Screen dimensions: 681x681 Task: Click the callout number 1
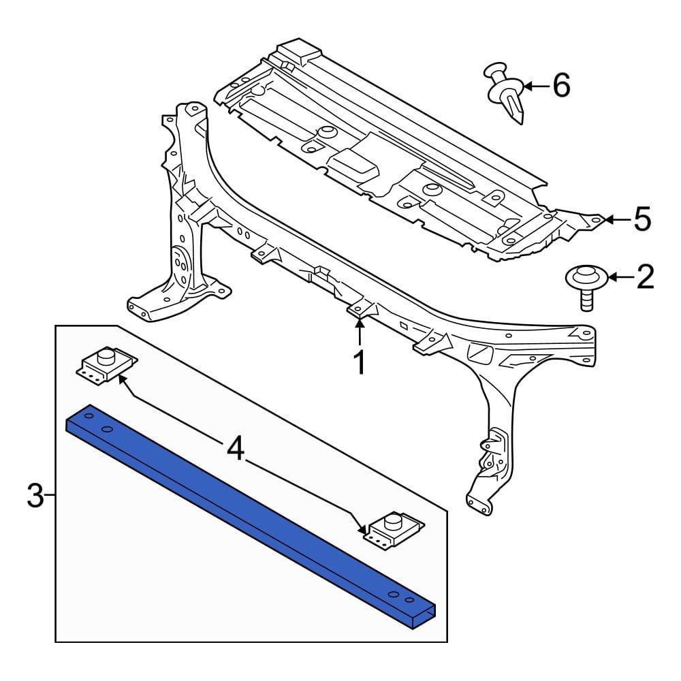359,363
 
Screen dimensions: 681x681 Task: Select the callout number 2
644,277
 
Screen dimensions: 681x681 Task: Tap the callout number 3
35,496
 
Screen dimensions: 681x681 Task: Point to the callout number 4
235,449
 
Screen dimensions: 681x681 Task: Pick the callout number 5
642,219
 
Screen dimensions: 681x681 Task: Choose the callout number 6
560,86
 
